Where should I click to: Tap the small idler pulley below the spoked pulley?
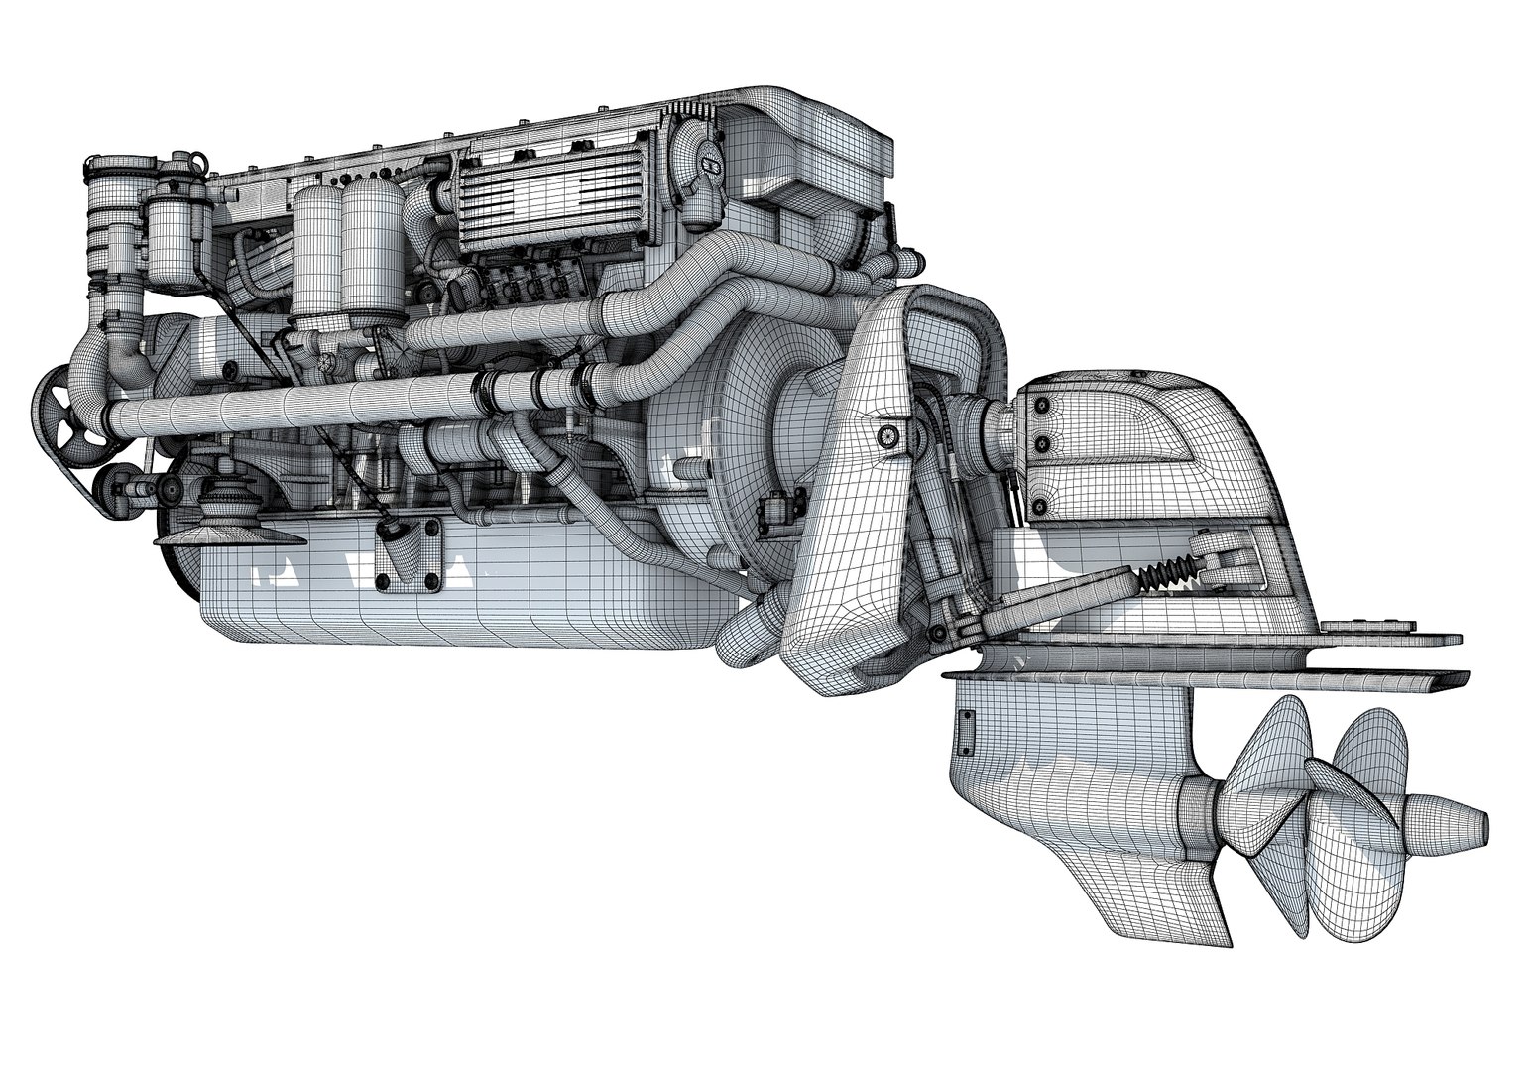point(111,486)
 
